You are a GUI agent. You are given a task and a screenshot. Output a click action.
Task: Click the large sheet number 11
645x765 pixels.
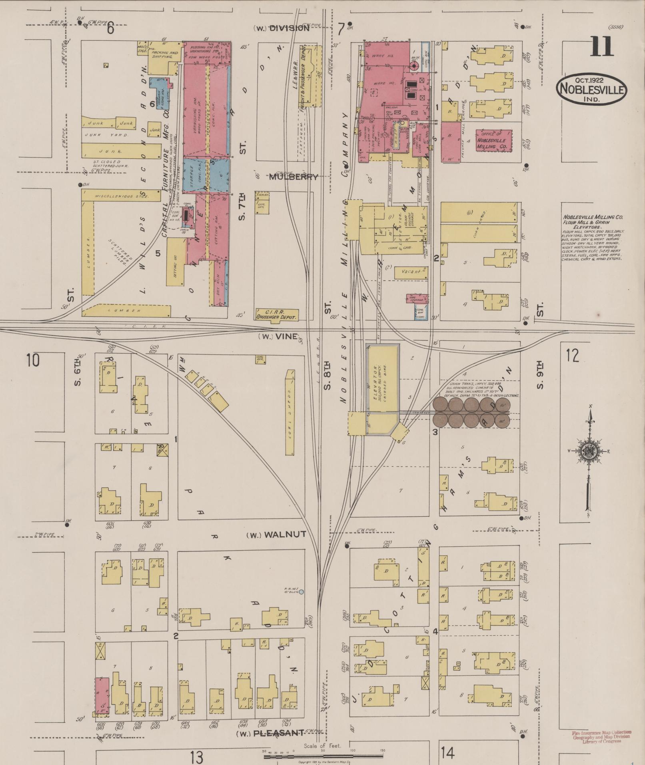click(601, 47)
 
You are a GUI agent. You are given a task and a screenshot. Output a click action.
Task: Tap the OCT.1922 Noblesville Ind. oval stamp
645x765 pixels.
click(591, 89)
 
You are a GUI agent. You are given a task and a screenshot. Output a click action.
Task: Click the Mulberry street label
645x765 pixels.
click(294, 177)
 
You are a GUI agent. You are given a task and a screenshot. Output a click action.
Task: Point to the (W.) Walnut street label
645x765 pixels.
click(276, 535)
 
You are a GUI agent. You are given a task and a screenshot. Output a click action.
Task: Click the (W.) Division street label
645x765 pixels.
click(282, 28)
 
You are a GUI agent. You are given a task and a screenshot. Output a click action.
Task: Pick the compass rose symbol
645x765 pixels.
click(589, 452)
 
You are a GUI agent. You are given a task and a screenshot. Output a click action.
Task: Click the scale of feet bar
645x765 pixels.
click(323, 755)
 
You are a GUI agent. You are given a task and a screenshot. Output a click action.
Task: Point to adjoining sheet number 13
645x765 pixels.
click(197, 757)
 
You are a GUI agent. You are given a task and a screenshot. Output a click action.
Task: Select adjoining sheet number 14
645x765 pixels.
click(448, 753)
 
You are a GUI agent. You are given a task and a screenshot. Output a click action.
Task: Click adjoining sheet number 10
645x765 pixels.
click(33, 360)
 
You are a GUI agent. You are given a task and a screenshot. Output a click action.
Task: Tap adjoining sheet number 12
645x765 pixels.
click(572, 355)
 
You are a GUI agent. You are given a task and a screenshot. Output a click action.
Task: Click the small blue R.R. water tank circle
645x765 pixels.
click(302, 591)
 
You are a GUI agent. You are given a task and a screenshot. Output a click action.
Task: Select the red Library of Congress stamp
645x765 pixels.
click(601, 736)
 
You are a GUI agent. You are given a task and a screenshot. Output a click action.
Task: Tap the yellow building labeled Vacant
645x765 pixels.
click(411, 272)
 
